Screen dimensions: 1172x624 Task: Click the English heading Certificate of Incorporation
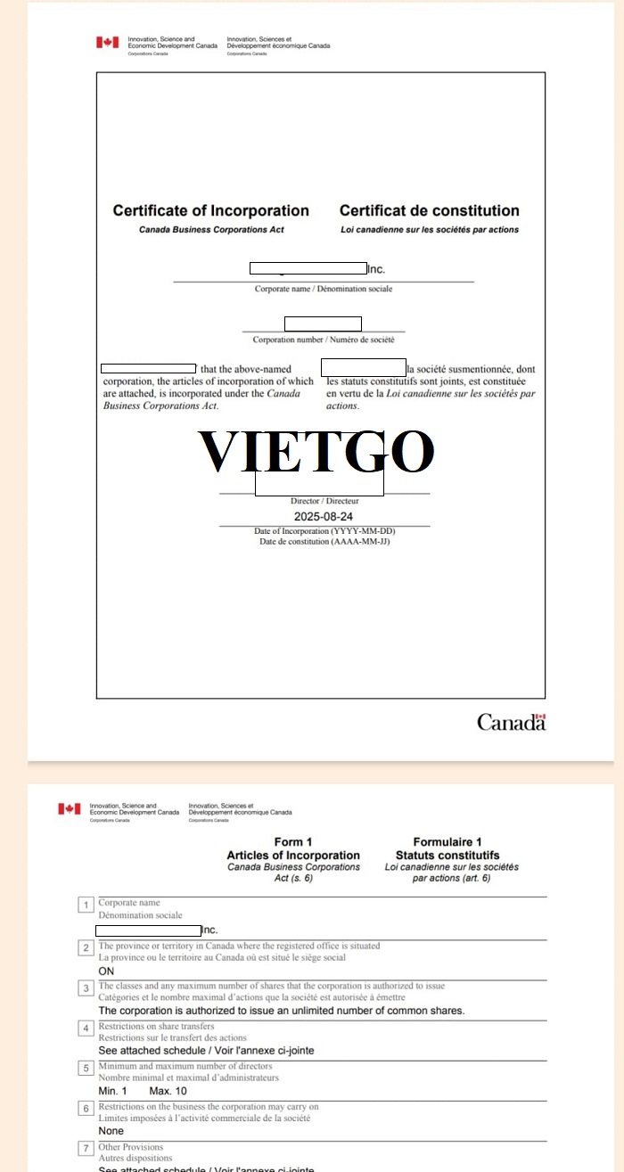point(210,211)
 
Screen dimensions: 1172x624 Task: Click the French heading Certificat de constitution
point(429,211)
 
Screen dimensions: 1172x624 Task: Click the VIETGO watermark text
point(316,452)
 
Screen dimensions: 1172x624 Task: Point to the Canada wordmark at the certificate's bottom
point(511,722)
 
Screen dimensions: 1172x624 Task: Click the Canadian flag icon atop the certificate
point(107,42)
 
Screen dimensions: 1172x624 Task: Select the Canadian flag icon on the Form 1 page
point(69,808)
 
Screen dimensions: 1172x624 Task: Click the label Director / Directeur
point(324,502)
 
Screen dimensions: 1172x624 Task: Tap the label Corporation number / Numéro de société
point(324,340)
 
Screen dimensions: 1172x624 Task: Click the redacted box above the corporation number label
point(323,324)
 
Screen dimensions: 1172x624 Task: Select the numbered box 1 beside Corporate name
point(86,906)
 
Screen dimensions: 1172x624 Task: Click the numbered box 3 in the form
point(86,988)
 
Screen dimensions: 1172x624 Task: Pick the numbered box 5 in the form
point(86,1068)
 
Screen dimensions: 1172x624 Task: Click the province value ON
point(106,971)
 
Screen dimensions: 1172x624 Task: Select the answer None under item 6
point(111,1131)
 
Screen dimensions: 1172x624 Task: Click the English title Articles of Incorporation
point(293,855)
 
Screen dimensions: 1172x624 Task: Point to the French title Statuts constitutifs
point(447,855)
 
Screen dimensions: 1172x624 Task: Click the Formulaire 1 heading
point(447,842)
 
